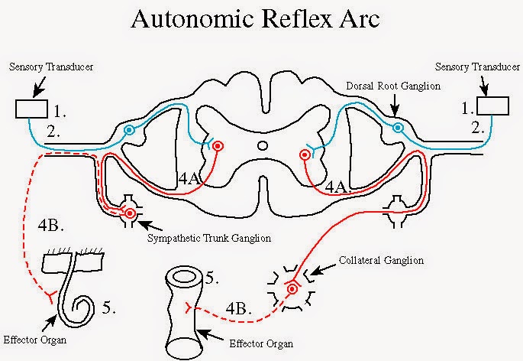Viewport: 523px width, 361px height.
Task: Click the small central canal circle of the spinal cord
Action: (262, 145)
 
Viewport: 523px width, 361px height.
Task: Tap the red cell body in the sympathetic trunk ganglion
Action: (131, 213)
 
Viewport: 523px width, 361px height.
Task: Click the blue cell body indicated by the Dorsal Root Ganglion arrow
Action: (398, 128)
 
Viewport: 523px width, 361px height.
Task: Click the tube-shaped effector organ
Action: (182, 306)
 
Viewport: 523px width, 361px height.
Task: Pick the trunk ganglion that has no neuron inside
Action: (395, 206)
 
